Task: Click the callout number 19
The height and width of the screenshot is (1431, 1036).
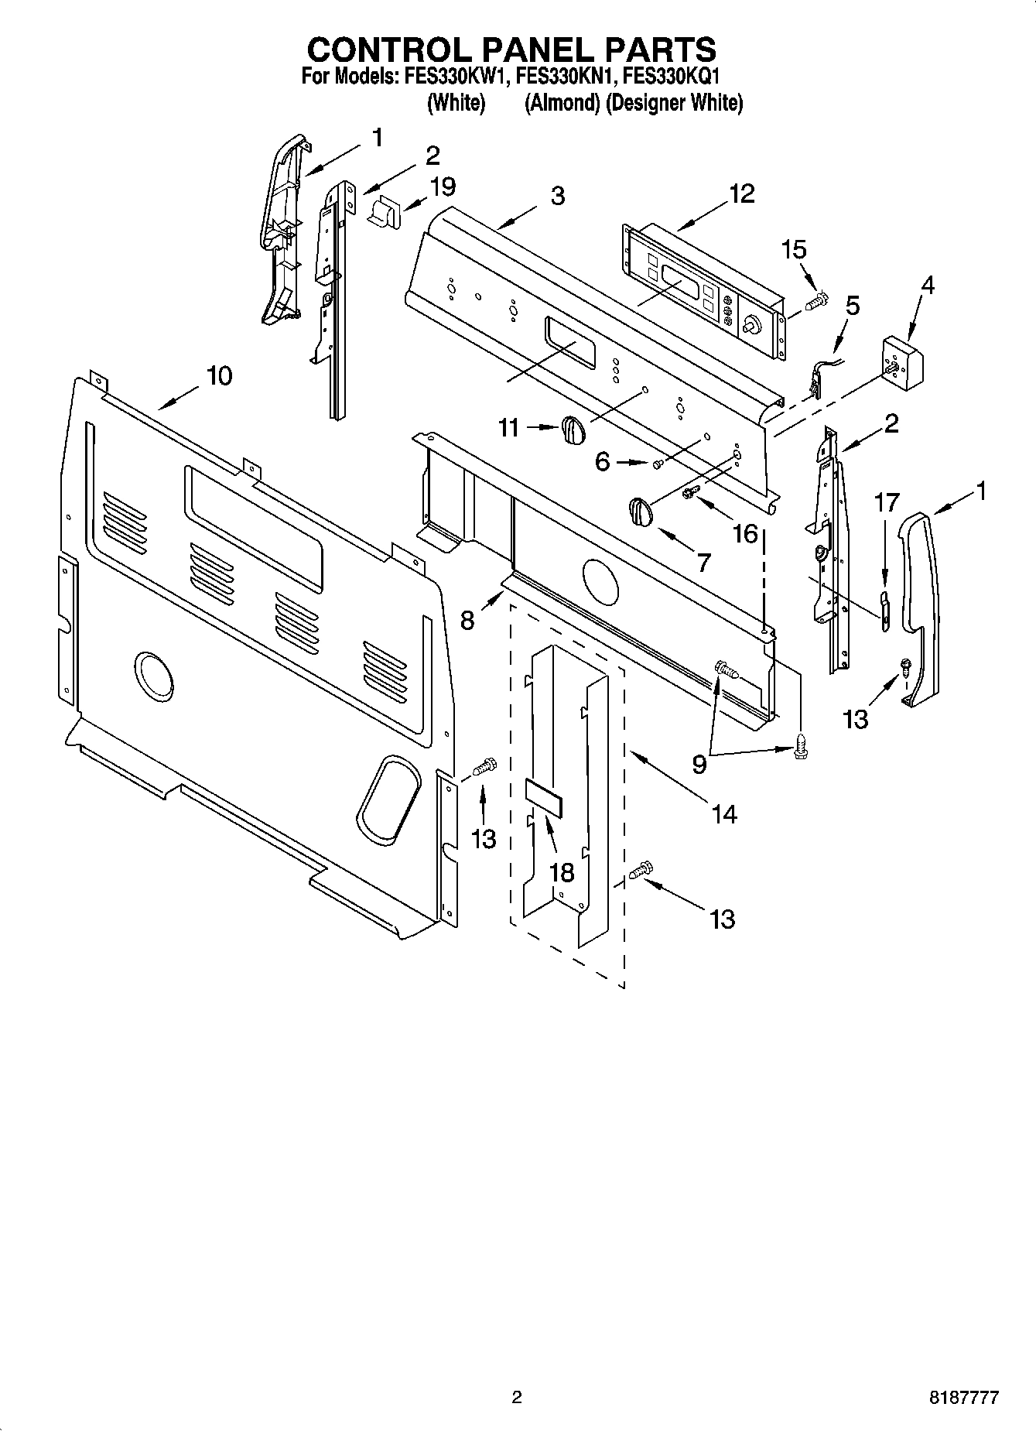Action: click(443, 187)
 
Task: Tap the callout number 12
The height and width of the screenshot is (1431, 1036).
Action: click(741, 193)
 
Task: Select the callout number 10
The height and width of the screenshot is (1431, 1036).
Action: click(219, 376)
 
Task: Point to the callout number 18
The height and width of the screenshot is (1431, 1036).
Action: click(562, 872)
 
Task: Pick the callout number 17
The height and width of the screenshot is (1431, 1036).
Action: click(887, 503)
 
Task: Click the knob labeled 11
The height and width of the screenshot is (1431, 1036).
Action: click(571, 430)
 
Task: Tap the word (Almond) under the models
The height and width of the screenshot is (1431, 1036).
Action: click(562, 103)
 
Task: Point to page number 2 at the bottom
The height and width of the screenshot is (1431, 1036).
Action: click(517, 1398)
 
